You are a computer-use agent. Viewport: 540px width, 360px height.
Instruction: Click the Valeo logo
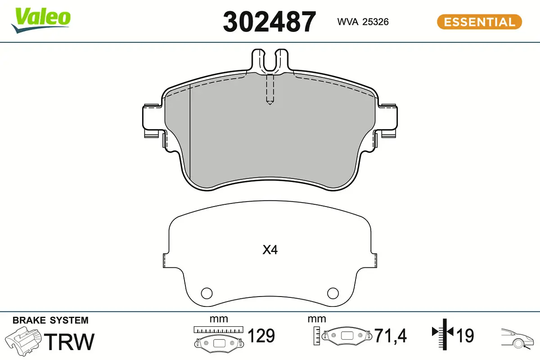pyautogui.click(x=41, y=20)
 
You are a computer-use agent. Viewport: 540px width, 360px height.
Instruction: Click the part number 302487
pyautogui.click(x=269, y=22)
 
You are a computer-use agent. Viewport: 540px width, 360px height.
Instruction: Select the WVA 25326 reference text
pyautogui.click(x=363, y=22)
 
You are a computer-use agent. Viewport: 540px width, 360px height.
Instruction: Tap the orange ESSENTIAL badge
pyautogui.click(x=480, y=22)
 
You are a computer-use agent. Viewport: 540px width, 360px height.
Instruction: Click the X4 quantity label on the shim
pyautogui.click(x=270, y=250)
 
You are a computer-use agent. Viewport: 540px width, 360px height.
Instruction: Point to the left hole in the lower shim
pyautogui.click(x=207, y=293)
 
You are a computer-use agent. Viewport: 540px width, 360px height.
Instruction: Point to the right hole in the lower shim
pyautogui.click(x=333, y=293)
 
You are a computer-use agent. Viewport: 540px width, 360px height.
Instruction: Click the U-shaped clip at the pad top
pyautogui.click(x=270, y=60)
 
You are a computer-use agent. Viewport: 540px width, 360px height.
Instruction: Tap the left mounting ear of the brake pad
pyautogui.click(x=153, y=121)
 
